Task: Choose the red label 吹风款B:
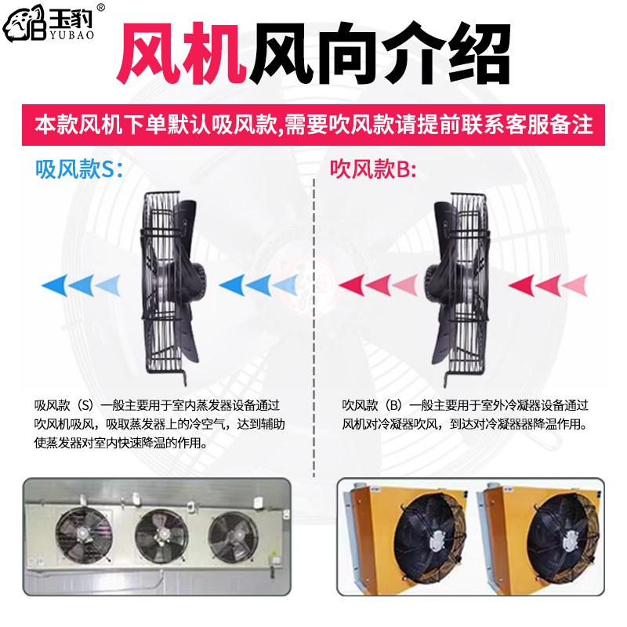[x=372, y=169]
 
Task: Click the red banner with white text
[x=313, y=125]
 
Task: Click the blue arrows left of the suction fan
[x=83, y=284]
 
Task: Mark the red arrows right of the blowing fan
[x=548, y=284]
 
